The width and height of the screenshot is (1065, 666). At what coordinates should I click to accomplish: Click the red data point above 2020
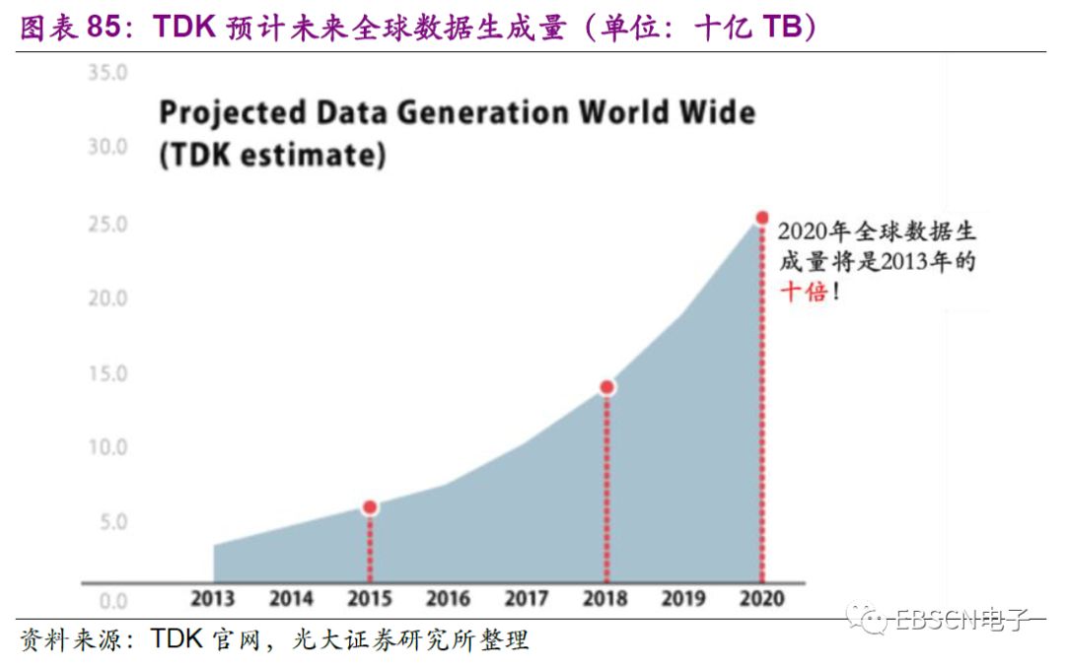pyautogui.click(x=761, y=218)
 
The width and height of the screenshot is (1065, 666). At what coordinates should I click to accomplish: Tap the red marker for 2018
pyautogui.click(x=606, y=387)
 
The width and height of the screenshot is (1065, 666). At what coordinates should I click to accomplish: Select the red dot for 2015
pyautogui.click(x=370, y=507)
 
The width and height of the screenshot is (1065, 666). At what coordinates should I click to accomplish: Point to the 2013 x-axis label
pyautogui.click(x=212, y=599)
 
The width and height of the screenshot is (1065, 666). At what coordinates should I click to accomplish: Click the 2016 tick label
pyautogui.click(x=448, y=599)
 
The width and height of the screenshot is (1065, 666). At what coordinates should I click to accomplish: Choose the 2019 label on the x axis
pyautogui.click(x=683, y=599)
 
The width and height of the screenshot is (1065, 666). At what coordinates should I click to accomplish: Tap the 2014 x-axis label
pyautogui.click(x=291, y=599)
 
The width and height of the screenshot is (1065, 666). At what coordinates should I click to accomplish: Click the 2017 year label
pyautogui.click(x=527, y=599)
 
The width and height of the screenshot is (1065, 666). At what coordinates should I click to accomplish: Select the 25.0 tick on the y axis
pyautogui.click(x=107, y=225)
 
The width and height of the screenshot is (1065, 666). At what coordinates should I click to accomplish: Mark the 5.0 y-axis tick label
pyautogui.click(x=112, y=522)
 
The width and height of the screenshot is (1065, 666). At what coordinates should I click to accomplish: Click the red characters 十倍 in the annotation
pyautogui.click(x=804, y=292)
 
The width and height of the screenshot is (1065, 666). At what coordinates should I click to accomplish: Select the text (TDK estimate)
pyautogui.click(x=272, y=156)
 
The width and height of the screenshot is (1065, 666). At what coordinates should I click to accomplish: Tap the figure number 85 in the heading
pyautogui.click(x=109, y=27)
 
